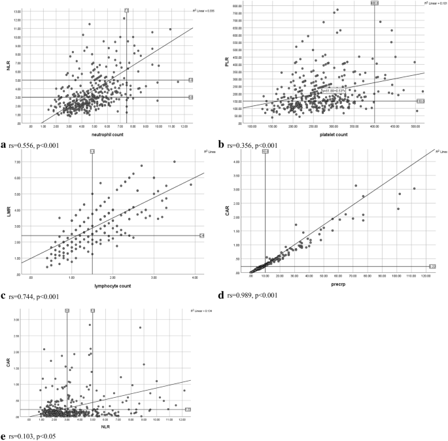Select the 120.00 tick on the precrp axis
click(426, 277)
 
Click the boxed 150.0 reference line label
click(421, 101)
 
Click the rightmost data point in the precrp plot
click(414, 188)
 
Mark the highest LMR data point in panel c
click(174, 162)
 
